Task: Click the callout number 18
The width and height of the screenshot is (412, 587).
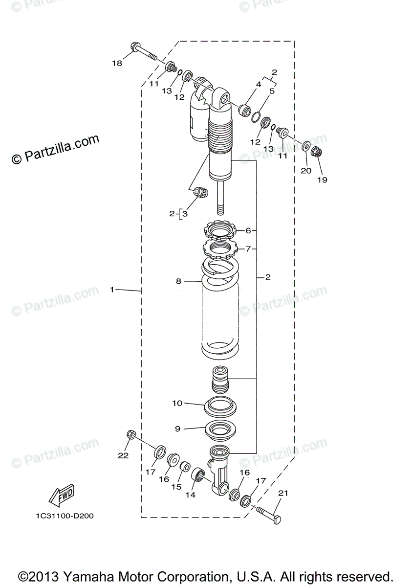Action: (x=116, y=63)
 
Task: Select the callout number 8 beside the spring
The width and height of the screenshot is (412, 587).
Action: (x=178, y=281)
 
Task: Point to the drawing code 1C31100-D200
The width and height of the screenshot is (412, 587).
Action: (x=65, y=516)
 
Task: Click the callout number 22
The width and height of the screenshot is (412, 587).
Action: (x=123, y=455)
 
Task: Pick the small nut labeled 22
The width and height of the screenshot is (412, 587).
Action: (x=131, y=434)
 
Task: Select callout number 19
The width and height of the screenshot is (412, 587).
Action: (x=322, y=180)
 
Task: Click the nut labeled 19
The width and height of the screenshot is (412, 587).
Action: (x=316, y=153)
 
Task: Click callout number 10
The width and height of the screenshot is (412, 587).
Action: (x=177, y=403)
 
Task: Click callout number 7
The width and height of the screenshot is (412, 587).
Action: (x=248, y=248)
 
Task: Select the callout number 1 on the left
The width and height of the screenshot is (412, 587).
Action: (x=111, y=290)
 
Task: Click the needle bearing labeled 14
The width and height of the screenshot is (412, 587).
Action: (x=198, y=474)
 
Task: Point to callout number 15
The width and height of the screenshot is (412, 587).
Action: (x=176, y=487)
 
